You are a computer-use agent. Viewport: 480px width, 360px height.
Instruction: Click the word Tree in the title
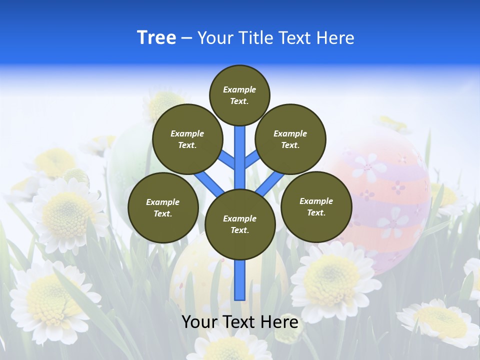(x=156, y=38)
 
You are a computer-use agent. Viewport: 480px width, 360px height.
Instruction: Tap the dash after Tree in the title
(x=186, y=38)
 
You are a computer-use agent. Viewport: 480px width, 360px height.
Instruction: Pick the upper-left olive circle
(x=187, y=139)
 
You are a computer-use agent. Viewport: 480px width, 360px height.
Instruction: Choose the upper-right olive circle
(x=290, y=139)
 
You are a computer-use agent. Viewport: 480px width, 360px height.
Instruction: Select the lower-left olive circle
(x=163, y=207)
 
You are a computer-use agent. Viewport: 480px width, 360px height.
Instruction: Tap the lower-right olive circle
(x=316, y=206)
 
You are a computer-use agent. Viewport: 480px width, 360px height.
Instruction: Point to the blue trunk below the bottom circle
(x=239, y=280)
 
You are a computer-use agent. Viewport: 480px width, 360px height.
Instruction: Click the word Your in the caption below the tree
(x=199, y=322)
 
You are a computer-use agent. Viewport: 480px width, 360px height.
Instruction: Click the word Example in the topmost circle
(x=239, y=89)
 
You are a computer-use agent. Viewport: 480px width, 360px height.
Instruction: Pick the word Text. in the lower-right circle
(x=316, y=212)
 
